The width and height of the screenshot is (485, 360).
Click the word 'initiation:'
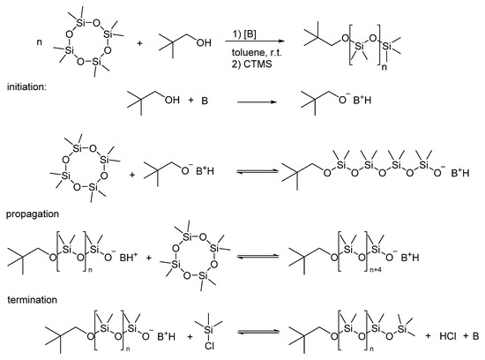click(26, 86)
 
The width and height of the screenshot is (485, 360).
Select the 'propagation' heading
click(33, 214)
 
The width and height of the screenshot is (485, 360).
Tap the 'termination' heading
click(32, 300)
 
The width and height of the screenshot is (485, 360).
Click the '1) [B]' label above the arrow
click(244, 34)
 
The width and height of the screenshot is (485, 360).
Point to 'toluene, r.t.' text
click(257, 52)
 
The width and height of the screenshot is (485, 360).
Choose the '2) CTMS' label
click(252, 64)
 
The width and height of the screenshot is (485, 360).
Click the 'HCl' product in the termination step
click(448, 336)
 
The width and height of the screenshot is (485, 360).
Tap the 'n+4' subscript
click(376, 270)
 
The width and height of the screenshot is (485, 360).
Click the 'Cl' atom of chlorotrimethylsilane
click(209, 347)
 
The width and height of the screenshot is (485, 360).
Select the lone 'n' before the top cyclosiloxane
click(40, 42)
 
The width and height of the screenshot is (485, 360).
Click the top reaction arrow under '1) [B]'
click(255, 41)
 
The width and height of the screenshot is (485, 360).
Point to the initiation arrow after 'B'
click(257, 101)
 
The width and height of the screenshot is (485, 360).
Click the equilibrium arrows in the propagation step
click(257, 256)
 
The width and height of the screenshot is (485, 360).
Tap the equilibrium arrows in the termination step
click(258, 332)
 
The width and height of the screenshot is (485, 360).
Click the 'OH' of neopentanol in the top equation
click(204, 42)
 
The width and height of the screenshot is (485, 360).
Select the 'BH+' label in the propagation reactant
click(129, 257)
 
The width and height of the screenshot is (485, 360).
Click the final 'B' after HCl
click(475, 336)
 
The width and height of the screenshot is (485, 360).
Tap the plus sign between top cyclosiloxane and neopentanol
click(140, 43)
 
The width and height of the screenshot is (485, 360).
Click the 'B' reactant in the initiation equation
click(205, 101)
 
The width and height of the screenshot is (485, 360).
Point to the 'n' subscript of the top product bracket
click(384, 67)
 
